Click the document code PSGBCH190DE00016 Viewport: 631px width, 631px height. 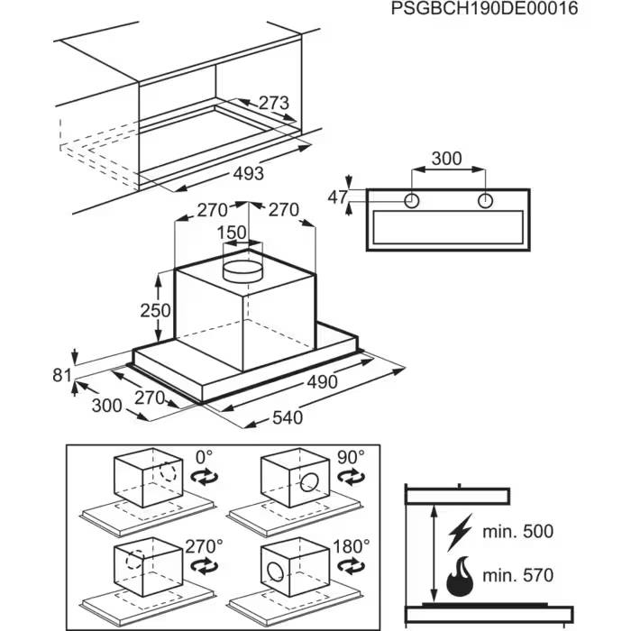(485, 9)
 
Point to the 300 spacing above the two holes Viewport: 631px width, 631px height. (444, 159)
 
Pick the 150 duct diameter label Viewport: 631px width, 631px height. (234, 233)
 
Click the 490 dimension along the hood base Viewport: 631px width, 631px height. (320, 382)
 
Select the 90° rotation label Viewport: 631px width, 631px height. (351, 457)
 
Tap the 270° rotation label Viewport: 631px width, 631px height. (204, 546)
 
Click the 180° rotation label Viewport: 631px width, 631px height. (351, 546)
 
